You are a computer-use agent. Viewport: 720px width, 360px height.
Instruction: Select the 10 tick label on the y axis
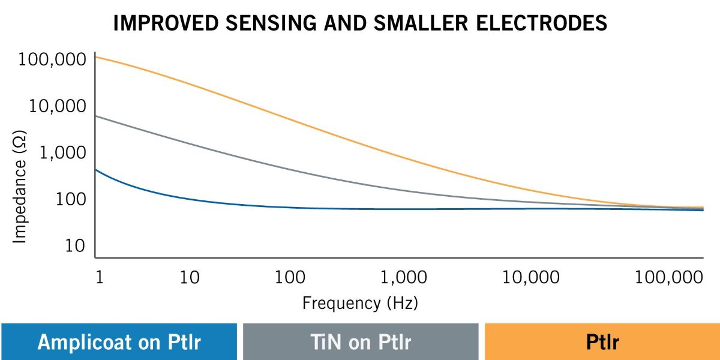(x=75, y=246)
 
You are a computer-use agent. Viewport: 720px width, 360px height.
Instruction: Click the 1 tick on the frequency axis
(x=100, y=277)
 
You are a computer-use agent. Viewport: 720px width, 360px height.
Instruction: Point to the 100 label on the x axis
(x=290, y=277)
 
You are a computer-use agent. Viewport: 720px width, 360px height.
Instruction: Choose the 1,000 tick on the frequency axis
(x=404, y=277)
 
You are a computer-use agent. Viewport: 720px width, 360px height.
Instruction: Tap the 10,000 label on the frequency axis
(x=530, y=277)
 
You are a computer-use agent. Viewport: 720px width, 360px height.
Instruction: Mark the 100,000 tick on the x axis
(x=668, y=277)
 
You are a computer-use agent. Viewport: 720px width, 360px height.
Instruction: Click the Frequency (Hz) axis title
(x=360, y=302)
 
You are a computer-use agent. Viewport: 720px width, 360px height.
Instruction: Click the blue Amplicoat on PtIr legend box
(x=119, y=342)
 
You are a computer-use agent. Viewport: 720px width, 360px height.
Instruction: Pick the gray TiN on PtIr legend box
(x=361, y=342)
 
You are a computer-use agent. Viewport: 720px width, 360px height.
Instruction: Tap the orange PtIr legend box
(x=602, y=342)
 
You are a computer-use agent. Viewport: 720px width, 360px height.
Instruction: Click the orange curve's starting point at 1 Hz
(x=97, y=57)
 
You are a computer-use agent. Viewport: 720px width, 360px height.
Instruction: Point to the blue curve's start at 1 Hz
(x=97, y=170)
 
